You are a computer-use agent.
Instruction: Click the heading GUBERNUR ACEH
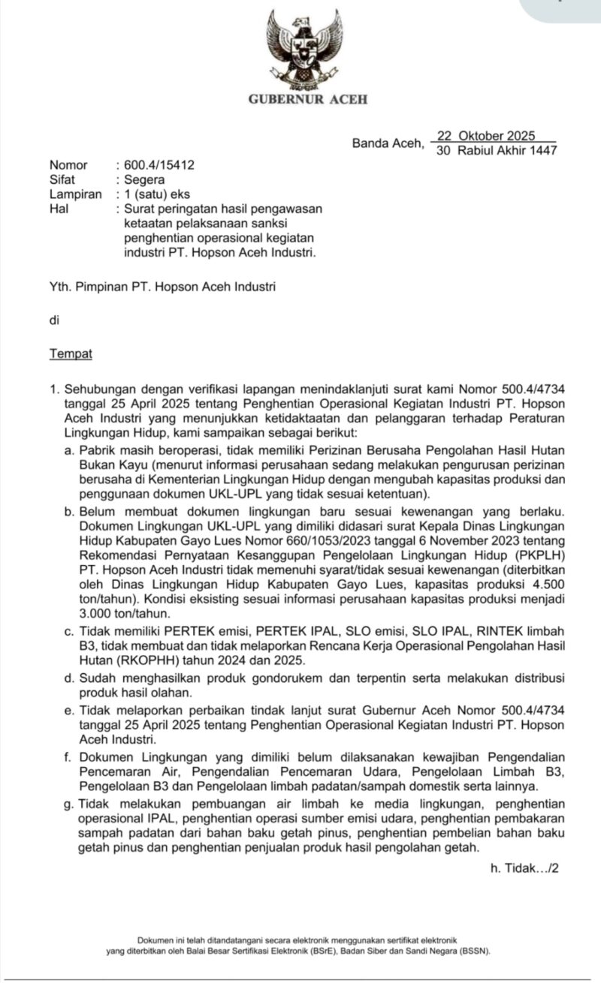tap(308, 100)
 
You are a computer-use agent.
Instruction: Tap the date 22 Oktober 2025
tap(485, 136)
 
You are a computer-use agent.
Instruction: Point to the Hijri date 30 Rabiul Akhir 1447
tap(497, 150)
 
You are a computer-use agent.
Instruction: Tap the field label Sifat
tap(62, 179)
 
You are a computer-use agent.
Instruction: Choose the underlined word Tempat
tap(71, 353)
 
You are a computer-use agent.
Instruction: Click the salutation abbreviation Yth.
tap(60, 287)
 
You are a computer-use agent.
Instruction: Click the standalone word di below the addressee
tap(54, 320)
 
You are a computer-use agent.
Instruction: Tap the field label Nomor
tap(68, 165)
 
